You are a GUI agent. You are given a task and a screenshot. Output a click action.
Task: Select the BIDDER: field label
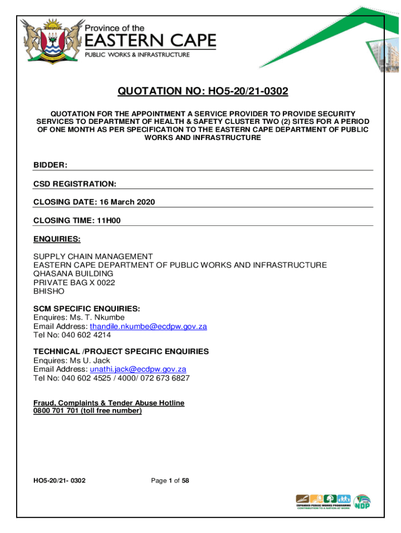click(51, 165)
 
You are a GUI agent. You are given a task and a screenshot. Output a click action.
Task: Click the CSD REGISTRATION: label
click(75, 184)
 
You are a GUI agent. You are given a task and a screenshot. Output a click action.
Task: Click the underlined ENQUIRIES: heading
click(57, 239)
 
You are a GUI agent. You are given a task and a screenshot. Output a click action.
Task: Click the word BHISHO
click(49, 291)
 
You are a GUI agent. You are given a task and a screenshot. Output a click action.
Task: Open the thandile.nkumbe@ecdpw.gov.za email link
click(148, 326)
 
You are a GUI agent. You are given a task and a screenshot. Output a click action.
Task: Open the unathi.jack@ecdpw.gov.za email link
click(138, 369)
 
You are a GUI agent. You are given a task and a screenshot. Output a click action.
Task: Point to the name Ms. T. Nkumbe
click(96, 317)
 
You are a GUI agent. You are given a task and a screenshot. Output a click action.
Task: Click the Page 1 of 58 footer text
click(170, 481)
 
